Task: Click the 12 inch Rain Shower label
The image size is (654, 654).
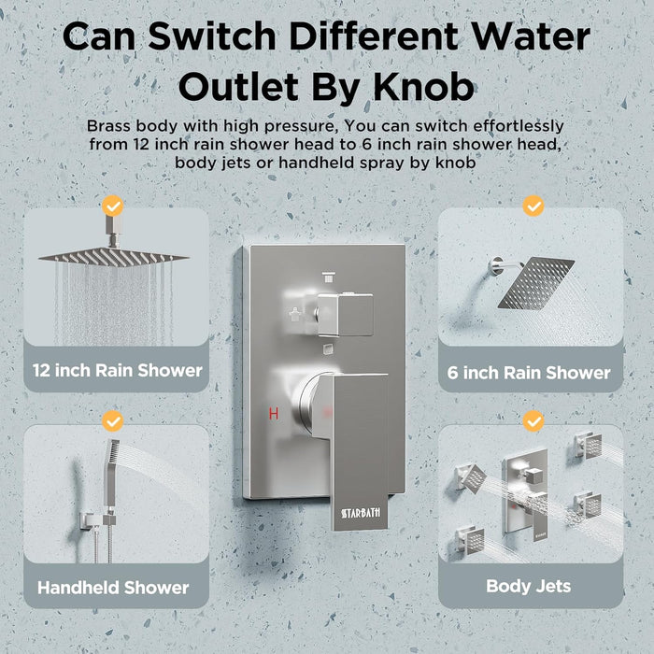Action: (117, 370)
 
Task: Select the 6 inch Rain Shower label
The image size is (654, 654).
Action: (529, 373)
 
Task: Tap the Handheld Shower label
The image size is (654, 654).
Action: (113, 588)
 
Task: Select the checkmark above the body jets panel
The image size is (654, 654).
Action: (533, 421)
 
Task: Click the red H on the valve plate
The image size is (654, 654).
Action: (274, 412)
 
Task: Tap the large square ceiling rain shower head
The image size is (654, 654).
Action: (113, 256)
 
